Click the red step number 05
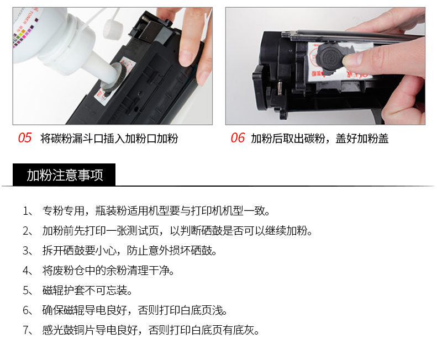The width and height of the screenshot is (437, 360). click(x=25, y=138)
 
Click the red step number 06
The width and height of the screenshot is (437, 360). click(x=238, y=138)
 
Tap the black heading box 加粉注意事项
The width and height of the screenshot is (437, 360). click(x=64, y=174)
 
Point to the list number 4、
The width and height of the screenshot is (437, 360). click(x=28, y=271)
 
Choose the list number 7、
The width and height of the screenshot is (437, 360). click(x=28, y=330)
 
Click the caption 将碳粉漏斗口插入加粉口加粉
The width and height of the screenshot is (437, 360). click(x=109, y=139)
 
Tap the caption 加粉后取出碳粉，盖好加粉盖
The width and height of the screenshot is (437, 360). click(x=320, y=139)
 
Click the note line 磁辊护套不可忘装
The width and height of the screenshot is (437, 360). click(x=87, y=290)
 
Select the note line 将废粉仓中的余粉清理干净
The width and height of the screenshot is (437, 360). click(x=108, y=271)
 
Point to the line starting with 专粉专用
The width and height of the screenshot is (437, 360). click(x=156, y=211)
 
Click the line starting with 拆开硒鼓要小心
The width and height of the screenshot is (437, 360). click(x=130, y=251)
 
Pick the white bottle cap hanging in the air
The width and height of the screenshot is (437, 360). click(x=113, y=27)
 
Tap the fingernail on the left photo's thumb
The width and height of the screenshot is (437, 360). click(x=185, y=58)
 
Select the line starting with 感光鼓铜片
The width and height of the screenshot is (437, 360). click(x=151, y=330)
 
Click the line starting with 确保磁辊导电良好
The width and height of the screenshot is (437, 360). click(x=135, y=310)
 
